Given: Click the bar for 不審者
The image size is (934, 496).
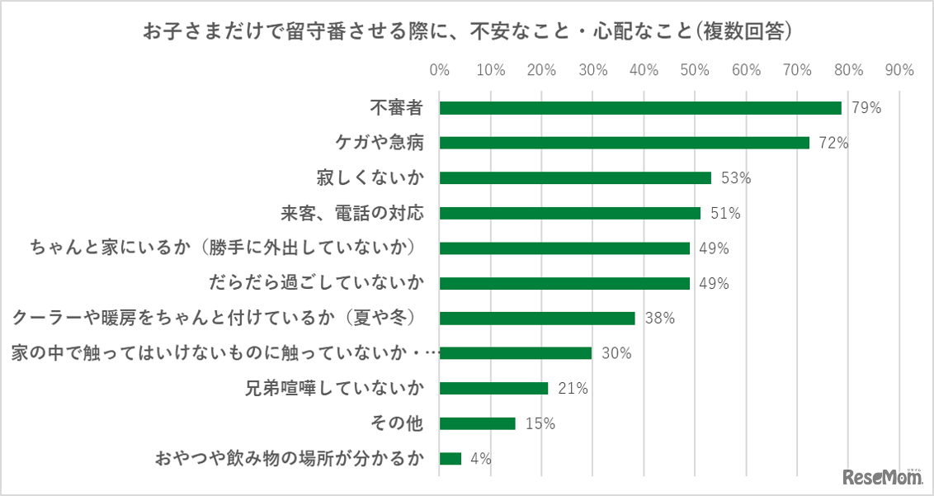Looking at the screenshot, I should pos(640,108).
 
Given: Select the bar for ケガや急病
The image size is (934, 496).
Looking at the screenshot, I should pos(625,143).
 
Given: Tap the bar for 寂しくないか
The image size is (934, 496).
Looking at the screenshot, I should pos(575,177).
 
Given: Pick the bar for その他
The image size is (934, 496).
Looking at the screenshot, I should pos(478,423).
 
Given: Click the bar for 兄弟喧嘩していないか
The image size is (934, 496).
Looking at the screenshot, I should pos(493,388).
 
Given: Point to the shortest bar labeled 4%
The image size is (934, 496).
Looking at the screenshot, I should pos(450,459).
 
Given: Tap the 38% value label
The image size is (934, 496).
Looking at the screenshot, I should pos(660,319).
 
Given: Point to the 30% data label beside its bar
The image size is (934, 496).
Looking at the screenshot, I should pos(616,353).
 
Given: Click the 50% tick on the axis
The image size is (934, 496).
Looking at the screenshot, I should pos(695,70).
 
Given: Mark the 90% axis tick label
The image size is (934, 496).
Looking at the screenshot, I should pos(899,70).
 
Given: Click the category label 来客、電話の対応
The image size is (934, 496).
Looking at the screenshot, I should pos(352,213).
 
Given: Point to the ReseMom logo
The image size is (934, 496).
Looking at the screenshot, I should pos(882,476).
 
